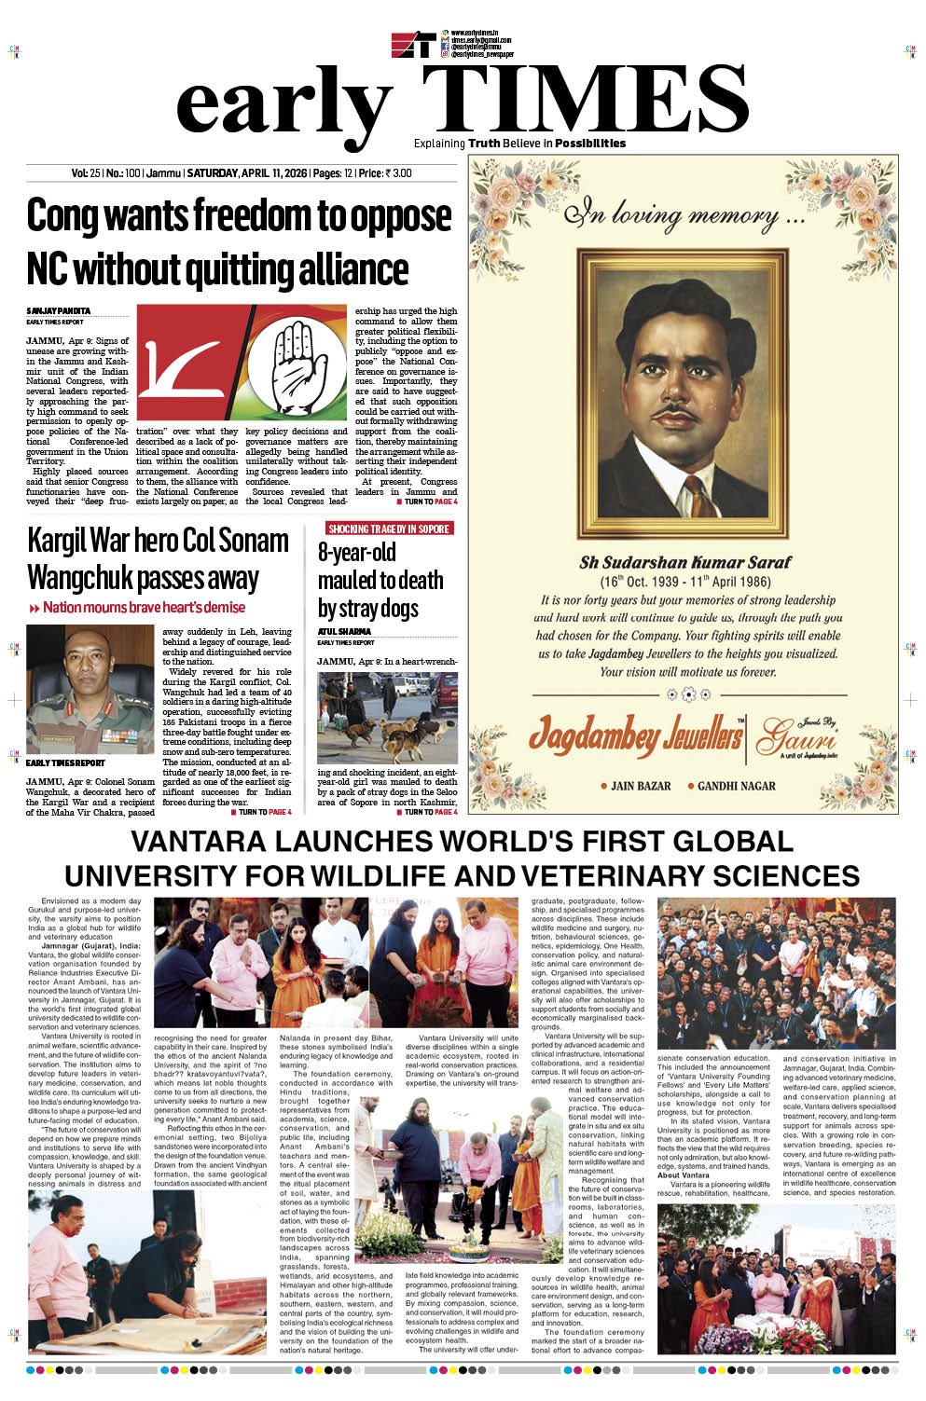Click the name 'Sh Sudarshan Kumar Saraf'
[x=684, y=562]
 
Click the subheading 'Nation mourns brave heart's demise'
[x=144, y=608]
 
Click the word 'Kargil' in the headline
[x=63, y=541]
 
